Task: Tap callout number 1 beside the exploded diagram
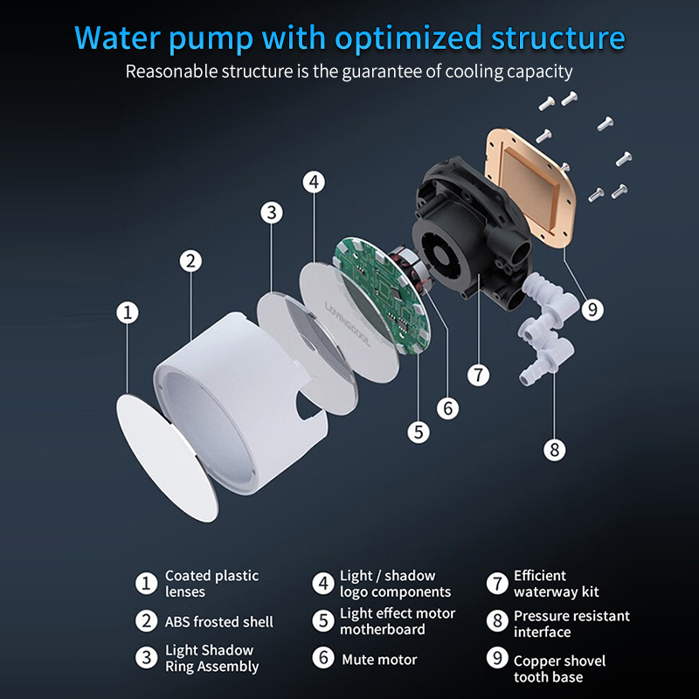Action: click(128, 312)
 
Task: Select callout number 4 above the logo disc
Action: click(314, 182)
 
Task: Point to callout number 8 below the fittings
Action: click(555, 449)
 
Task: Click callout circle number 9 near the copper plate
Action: click(592, 309)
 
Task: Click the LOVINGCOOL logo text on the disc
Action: click(348, 324)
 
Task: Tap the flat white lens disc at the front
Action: click(167, 457)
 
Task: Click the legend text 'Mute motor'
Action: click(379, 660)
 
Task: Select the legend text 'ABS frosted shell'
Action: click(219, 621)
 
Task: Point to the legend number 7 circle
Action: click(497, 583)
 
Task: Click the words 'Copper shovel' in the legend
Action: click(559, 661)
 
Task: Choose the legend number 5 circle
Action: click(323, 620)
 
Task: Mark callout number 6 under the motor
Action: click(447, 408)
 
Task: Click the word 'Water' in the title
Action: click(117, 38)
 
